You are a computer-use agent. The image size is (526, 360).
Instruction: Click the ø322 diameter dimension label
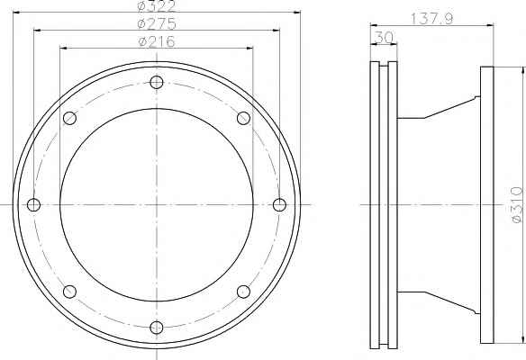point(157,6)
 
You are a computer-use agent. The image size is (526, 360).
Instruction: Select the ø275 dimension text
point(157,23)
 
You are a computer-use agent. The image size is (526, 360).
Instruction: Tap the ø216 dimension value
point(157,41)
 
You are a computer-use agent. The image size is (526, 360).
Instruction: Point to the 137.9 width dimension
point(431,18)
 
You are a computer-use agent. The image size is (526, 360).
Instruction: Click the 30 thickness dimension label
point(384,38)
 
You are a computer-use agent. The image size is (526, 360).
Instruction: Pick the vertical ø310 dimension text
point(517,204)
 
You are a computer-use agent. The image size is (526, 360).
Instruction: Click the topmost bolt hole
point(157,82)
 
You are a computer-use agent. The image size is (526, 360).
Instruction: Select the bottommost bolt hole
point(157,328)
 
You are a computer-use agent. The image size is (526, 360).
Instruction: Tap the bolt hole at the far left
point(33,204)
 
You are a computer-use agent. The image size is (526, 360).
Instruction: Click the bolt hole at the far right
point(279,204)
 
